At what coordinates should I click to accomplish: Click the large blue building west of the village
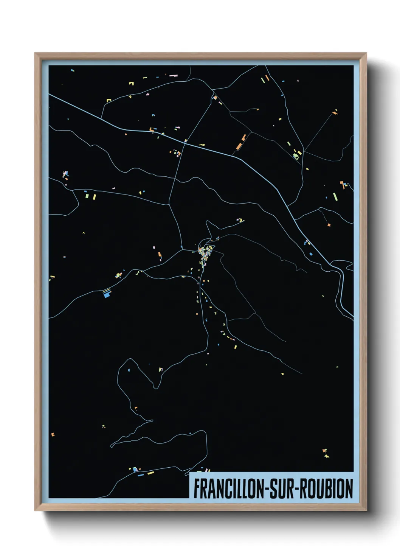(107, 293)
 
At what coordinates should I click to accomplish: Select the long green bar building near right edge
(335, 197)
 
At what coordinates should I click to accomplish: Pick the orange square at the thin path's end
(329, 225)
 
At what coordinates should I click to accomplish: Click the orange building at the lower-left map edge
(53, 434)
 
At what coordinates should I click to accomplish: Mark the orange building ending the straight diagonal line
(334, 112)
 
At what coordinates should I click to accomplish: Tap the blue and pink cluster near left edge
(65, 174)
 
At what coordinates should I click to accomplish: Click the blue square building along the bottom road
(135, 470)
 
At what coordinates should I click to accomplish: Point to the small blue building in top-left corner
(72, 70)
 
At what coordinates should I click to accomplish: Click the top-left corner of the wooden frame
(35, 53)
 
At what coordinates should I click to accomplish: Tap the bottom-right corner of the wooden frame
(366, 510)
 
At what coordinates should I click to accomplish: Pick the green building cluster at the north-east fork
(296, 154)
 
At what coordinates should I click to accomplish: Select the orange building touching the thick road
(152, 130)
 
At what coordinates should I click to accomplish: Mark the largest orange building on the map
(239, 146)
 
